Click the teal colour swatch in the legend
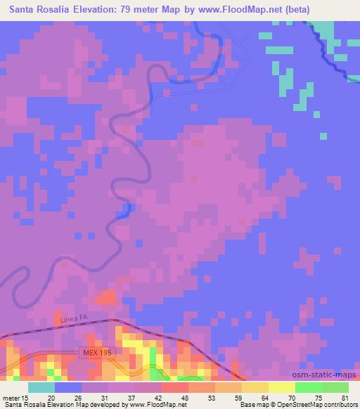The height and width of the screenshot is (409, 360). click(41, 387)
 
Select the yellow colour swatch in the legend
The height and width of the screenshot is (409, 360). click(282, 387)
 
